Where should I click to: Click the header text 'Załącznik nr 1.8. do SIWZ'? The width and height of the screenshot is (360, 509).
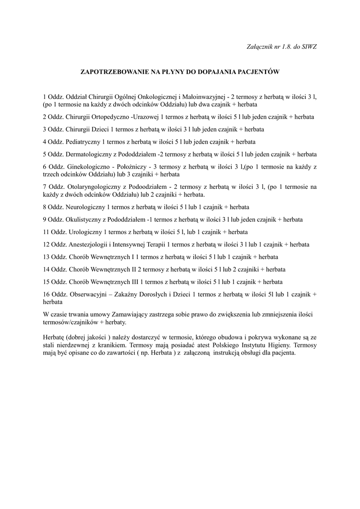point(281,46)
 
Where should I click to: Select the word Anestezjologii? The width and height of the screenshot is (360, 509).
point(88,244)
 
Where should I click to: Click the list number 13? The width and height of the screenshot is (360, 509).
point(47,256)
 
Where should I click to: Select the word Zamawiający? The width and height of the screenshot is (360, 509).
point(129,315)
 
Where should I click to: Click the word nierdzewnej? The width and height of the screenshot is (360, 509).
point(79,344)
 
